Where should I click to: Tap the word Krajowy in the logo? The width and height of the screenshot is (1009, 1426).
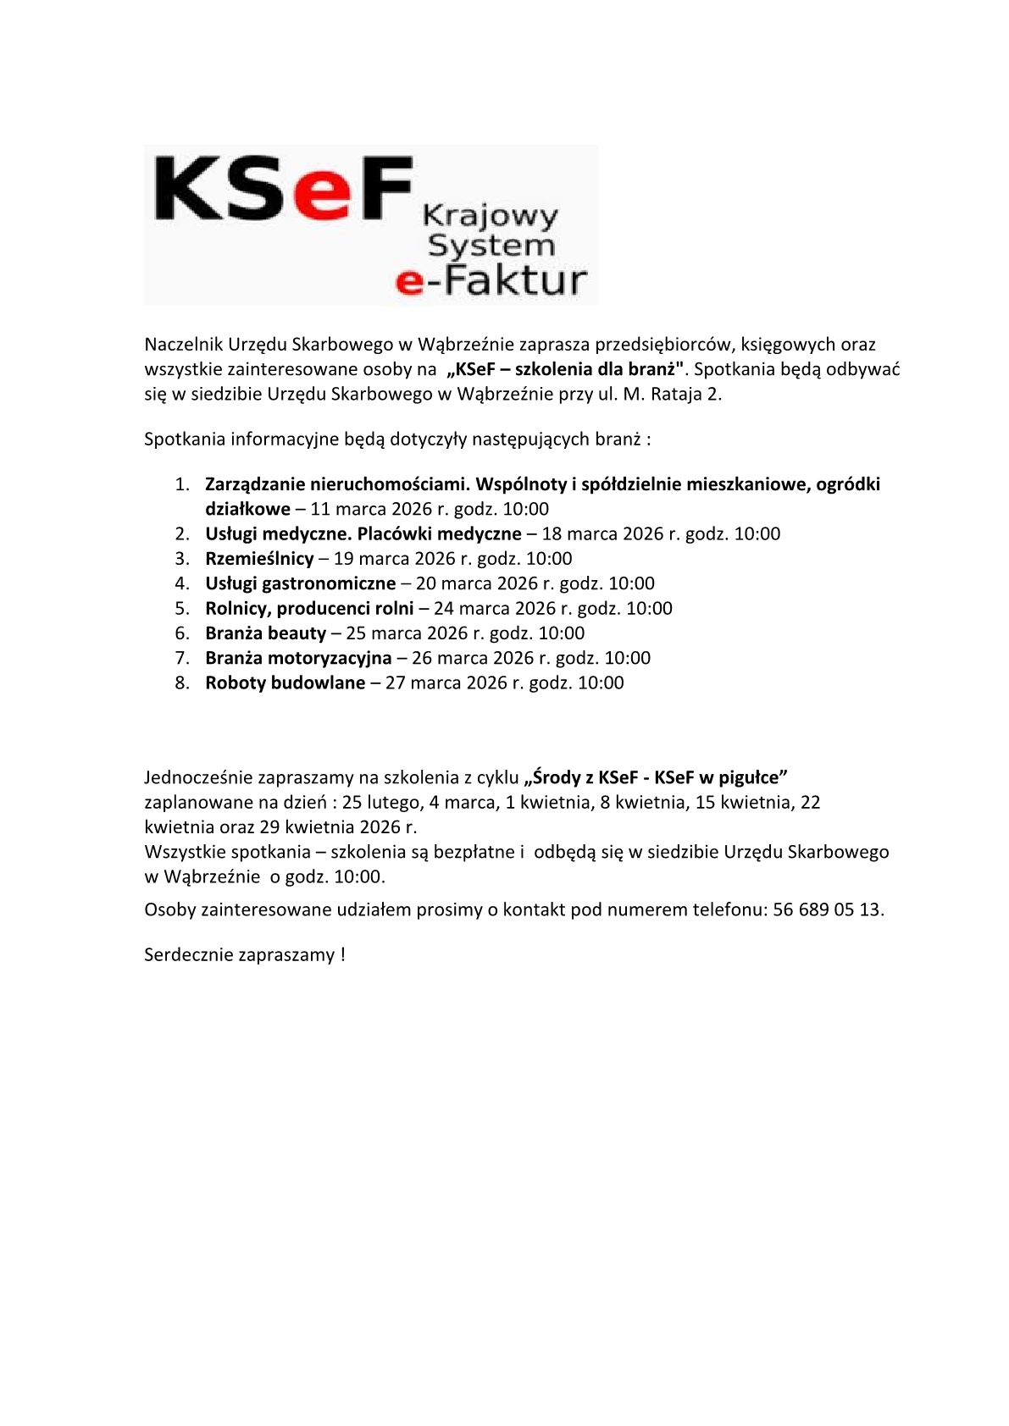tap(491, 216)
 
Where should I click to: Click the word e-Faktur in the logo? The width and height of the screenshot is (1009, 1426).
tap(491, 280)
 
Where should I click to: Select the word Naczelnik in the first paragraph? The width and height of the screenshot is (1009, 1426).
tap(183, 345)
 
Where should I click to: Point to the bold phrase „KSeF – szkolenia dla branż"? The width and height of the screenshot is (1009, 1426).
tap(565, 369)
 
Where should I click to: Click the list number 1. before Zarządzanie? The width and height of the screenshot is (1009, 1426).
tap(182, 484)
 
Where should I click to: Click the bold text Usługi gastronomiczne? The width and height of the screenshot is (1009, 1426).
tap(300, 583)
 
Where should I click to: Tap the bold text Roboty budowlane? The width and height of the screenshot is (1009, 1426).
tap(285, 683)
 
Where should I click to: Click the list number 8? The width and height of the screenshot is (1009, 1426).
tap(182, 683)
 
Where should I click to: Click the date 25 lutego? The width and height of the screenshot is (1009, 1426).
tap(382, 802)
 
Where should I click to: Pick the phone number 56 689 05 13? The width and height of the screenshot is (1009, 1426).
tap(827, 910)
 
